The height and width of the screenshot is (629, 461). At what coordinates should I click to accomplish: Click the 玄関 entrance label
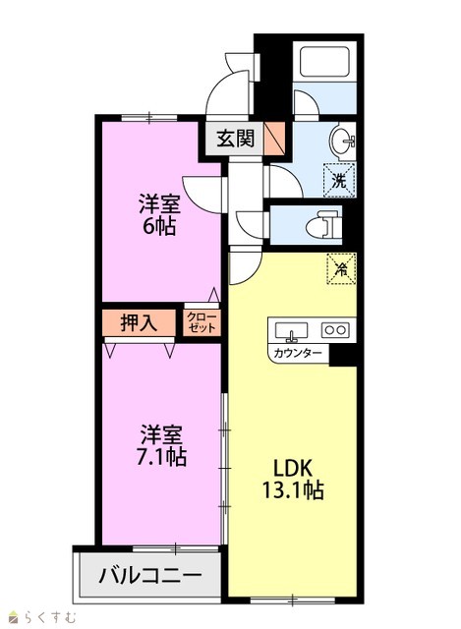[236, 139]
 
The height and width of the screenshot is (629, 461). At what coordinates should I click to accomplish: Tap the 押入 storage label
[139, 322]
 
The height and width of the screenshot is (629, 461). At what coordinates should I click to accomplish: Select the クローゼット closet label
[202, 322]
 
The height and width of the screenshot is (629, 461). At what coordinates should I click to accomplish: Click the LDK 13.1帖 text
[293, 479]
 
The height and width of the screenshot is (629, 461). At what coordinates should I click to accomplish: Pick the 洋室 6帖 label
[159, 214]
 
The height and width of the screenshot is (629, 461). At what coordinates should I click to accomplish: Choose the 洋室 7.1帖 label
[161, 445]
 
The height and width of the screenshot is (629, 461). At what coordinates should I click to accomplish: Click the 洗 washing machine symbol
[339, 180]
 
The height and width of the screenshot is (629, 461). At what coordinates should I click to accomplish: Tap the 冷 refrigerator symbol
[341, 268]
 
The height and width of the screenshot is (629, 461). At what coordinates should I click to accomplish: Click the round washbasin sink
[342, 140]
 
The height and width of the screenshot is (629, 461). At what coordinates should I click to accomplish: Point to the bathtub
[324, 61]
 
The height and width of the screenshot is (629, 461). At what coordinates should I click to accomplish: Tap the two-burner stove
[334, 330]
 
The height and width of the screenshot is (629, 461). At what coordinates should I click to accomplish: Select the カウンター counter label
[297, 353]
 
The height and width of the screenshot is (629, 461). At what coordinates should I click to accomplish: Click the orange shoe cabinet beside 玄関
[274, 139]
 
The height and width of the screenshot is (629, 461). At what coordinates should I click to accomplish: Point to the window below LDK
[293, 600]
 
